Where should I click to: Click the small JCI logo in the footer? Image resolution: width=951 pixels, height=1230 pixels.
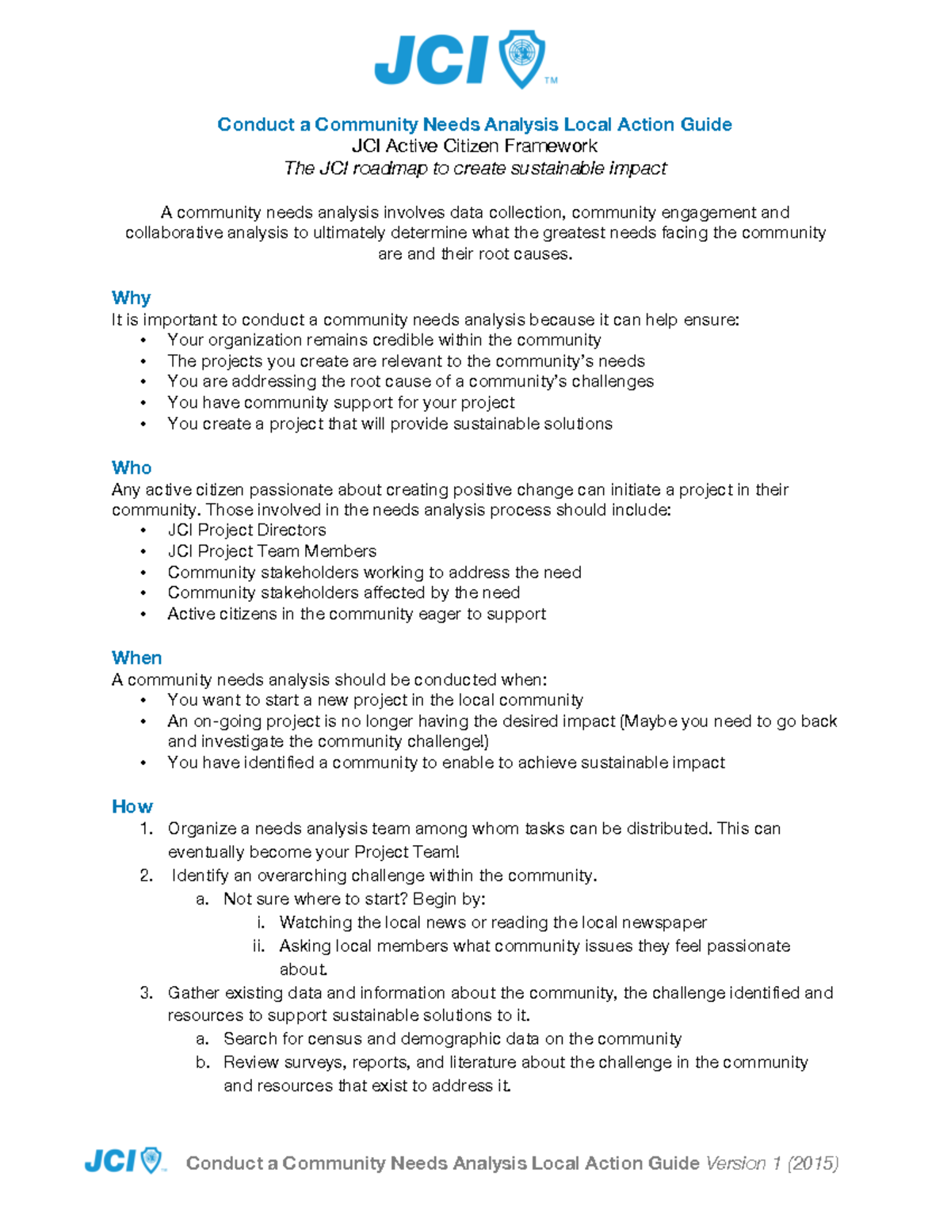(124, 1161)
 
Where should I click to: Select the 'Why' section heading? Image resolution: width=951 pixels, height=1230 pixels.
(131, 298)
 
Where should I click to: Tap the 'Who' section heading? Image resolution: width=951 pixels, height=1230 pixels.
(132, 467)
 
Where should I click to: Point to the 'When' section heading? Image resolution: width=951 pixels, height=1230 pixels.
(136, 657)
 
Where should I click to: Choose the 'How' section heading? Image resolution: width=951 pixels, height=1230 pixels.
(132, 806)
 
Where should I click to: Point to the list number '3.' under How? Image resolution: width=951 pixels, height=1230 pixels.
(146, 992)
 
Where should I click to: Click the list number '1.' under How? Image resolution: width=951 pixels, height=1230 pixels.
(146, 828)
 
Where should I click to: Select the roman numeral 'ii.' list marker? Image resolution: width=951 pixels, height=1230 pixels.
(258, 946)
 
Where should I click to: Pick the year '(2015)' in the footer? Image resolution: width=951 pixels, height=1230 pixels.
(813, 1163)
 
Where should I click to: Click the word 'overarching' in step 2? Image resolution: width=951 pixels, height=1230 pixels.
(301, 875)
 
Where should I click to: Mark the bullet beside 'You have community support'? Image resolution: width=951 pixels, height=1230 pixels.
(143, 402)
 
